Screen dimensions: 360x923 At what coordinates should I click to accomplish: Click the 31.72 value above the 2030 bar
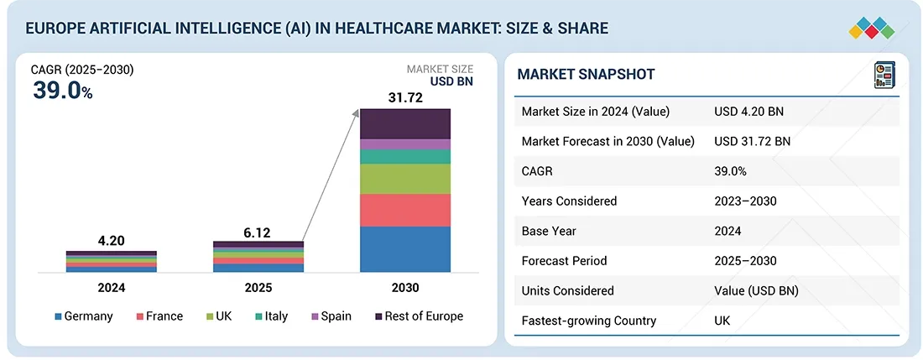pyautogui.click(x=405, y=98)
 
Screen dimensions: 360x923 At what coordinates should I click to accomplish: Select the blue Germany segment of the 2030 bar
pyautogui.click(x=405, y=249)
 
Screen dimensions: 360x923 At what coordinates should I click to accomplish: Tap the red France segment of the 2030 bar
pyautogui.click(x=405, y=210)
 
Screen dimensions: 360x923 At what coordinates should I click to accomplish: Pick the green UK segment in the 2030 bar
pyautogui.click(x=405, y=179)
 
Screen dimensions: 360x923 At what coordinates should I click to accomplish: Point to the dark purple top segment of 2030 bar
pyautogui.click(x=405, y=123)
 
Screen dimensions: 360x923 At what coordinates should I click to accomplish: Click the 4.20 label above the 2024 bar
pyautogui.click(x=111, y=241)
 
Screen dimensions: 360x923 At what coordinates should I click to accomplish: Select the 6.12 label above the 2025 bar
pyautogui.click(x=258, y=232)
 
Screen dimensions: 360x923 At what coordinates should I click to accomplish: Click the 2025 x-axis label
pyautogui.click(x=258, y=287)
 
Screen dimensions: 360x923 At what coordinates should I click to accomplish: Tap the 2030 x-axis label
pyautogui.click(x=405, y=287)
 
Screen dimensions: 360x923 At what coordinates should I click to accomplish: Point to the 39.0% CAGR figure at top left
pyautogui.click(x=63, y=91)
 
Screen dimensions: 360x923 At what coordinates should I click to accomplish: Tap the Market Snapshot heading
pyautogui.click(x=586, y=75)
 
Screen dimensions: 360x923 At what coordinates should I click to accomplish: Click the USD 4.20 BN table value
pyautogui.click(x=749, y=112)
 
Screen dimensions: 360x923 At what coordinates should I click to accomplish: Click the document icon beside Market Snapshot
pyautogui.click(x=884, y=74)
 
